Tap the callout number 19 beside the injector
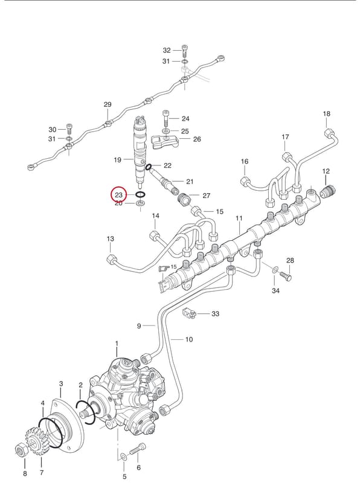click(117, 159)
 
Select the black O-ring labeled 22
click(148, 167)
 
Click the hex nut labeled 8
click(22, 452)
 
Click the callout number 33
click(215, 313)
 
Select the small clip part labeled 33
click(189, 313)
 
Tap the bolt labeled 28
click(286, 275)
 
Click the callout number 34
click(275, 290)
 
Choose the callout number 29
click(108, 104)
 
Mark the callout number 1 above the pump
click(117, 343)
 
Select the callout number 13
click(111, 238)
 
